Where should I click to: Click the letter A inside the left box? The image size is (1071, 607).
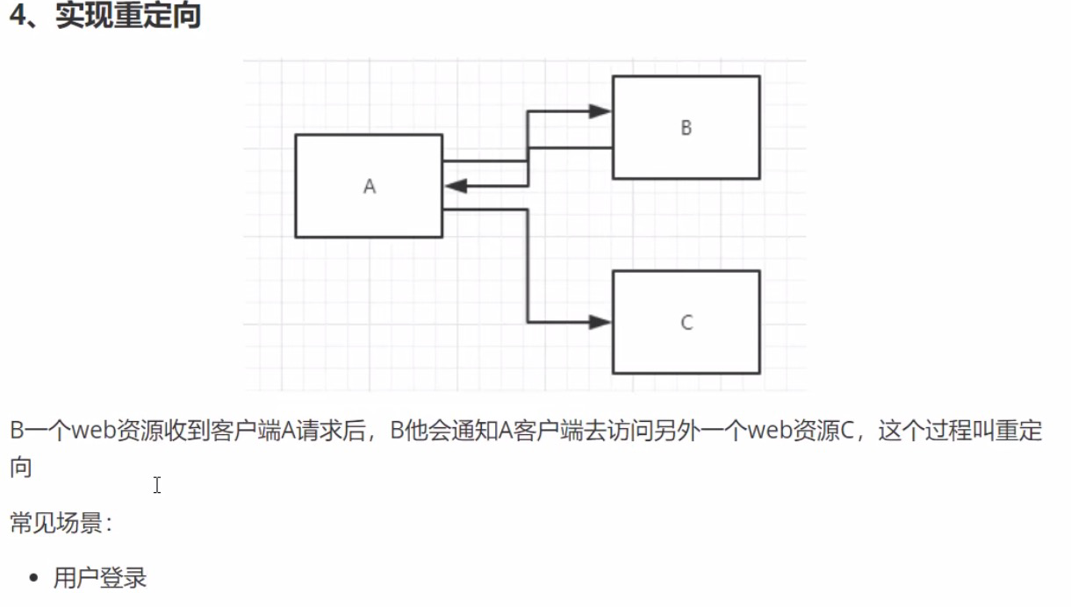pos(370,186)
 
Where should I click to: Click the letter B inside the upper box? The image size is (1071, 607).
pos(686,128)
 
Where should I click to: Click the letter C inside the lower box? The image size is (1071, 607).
pos(686,323)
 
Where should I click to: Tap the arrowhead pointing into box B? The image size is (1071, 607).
pos(600,111)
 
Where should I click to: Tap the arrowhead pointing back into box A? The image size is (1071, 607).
pos(456,186)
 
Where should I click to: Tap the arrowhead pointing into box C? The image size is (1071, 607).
pos(600,323)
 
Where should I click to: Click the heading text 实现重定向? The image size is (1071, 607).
pos(128,17)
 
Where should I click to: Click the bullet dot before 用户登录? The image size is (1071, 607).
pos(34,579)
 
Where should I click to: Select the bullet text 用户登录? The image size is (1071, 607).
pos(100,579)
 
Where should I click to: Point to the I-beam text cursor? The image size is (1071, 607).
pos(157,485)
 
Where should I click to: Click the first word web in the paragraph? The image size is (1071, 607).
pos(94,432)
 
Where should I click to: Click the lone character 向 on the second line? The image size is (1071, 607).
pos(21,467)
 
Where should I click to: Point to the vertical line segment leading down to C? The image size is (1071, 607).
pos(528,267)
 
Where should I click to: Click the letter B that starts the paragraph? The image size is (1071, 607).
pos(18,432)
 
